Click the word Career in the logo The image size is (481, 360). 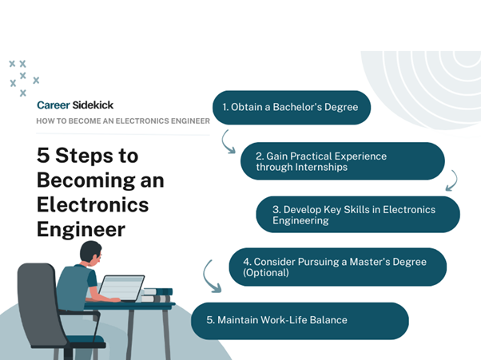click(x=54, y=105)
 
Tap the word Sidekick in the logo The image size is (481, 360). click(x=93, y=105)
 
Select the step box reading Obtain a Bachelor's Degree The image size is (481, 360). click(x=292, y=107)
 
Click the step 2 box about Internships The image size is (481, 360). click(x=342, y=161)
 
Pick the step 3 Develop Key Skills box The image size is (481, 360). click(x=358, y=215)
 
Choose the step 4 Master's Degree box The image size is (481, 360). click(x=337, y=267)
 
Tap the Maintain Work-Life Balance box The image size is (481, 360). click(x=300, y=321)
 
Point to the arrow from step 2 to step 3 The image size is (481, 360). click(x=455, y=180)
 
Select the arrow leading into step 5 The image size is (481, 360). click(x=206, y=277)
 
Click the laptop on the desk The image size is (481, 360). click(x=121, y=288)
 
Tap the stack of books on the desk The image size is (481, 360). click(x=157, y=295)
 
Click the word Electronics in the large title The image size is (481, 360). click(x=93, y=204)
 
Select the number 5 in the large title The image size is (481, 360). click(x=43, y=155)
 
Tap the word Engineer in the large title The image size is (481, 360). click(x=81, y=230)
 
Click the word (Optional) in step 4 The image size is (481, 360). click(x=265, y=273)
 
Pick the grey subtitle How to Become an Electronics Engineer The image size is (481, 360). click(x=123, y=121)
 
